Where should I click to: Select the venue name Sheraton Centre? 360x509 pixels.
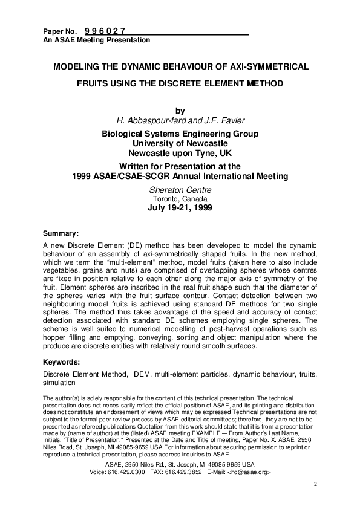180,190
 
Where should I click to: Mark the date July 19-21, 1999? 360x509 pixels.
180,207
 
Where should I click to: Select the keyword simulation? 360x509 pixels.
59,383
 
